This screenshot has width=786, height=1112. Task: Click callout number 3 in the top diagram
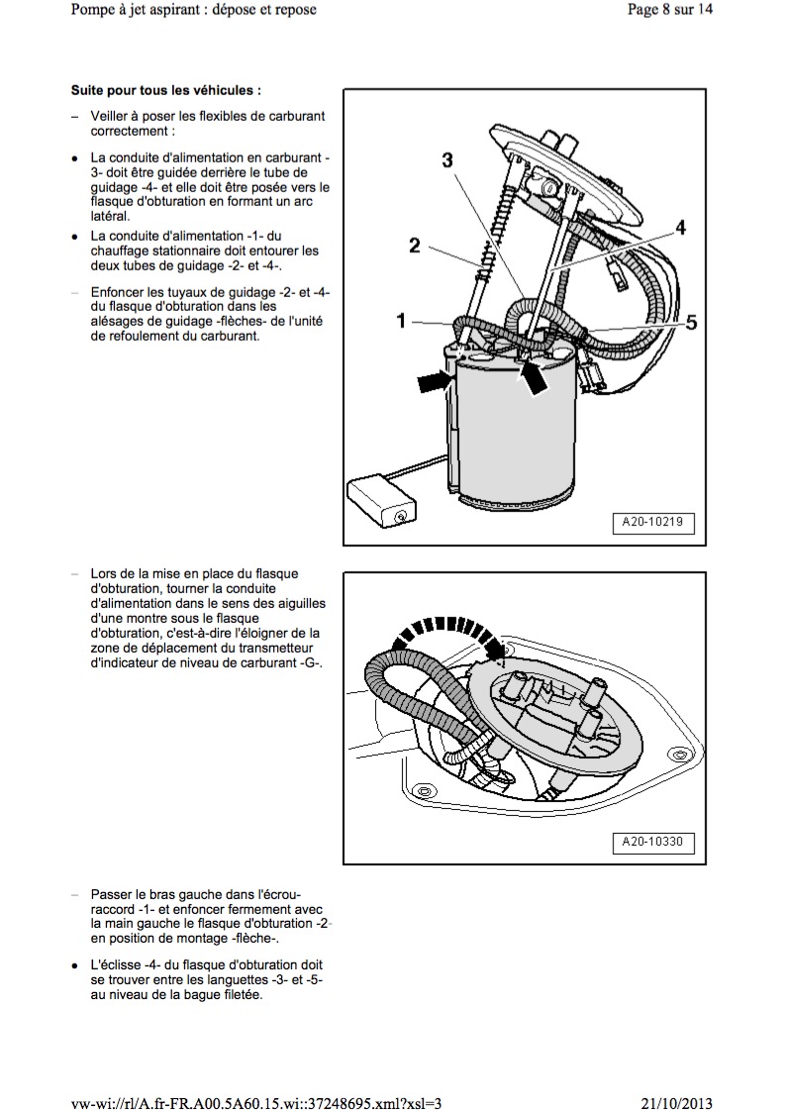pos(447,159)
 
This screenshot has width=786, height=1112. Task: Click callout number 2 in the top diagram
pos(416,246)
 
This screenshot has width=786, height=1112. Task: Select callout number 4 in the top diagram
pos(680,228)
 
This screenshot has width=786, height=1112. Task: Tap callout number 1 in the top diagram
pos(401,320)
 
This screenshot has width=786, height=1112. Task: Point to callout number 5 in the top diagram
pos(691,322)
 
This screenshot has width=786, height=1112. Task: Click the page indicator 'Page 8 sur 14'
pos(669,10)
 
